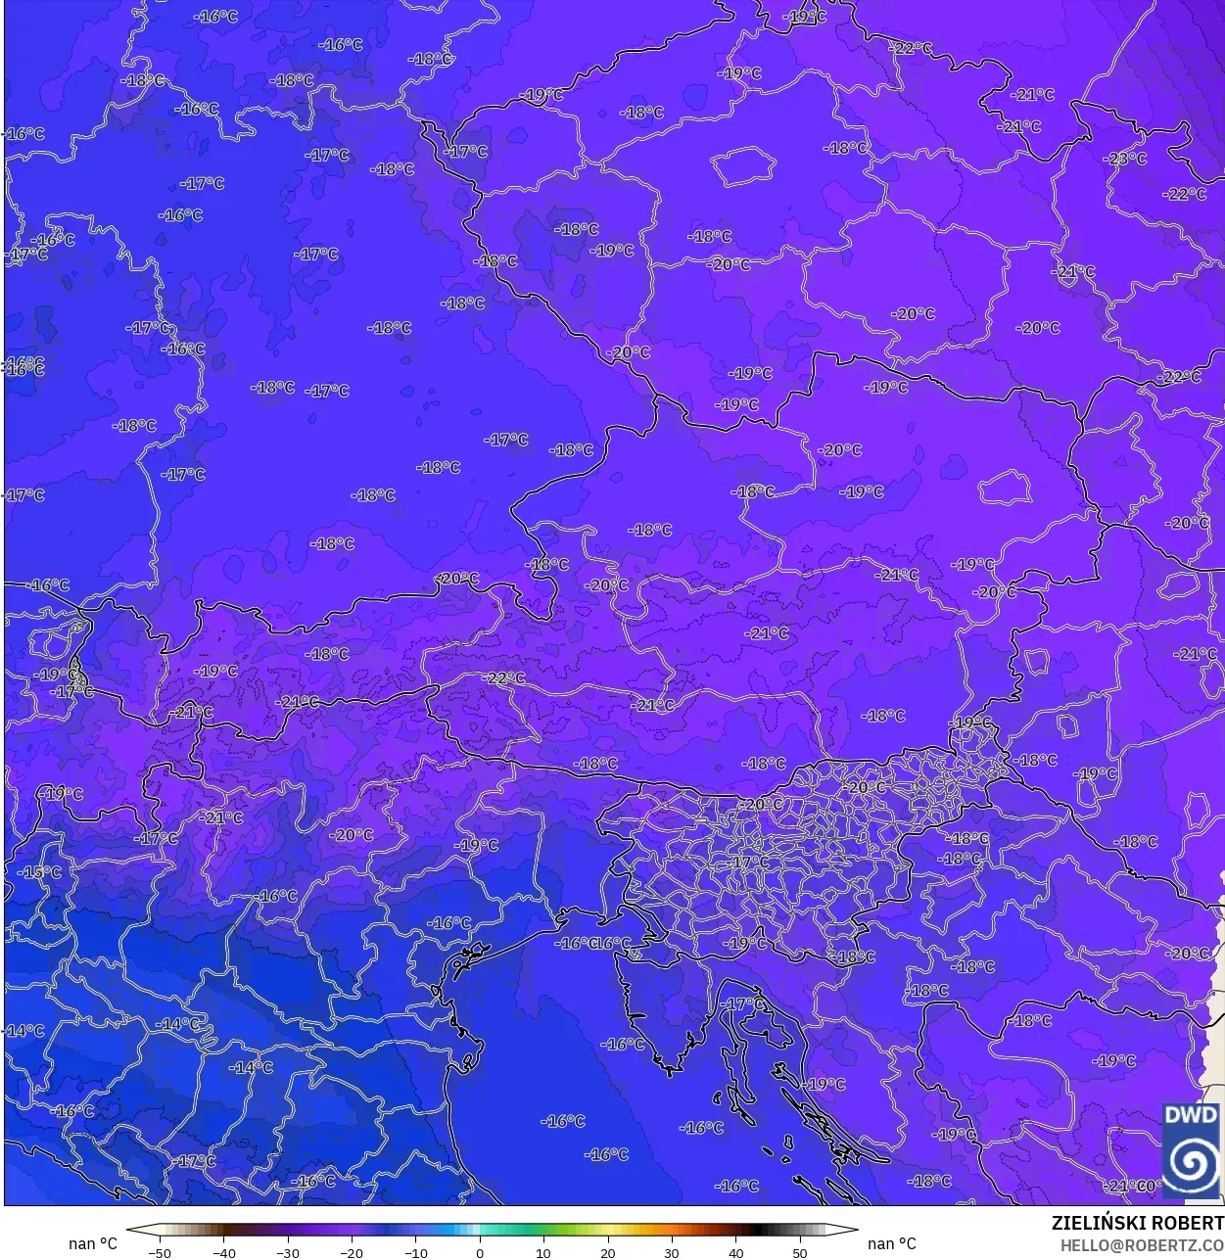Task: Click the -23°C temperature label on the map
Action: pyautogui.click(x=1125, y=159)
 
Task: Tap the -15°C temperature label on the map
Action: pyautogui.click(x=39, y=872)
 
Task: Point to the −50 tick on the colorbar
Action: pyautogui.click(x=159, y=1252)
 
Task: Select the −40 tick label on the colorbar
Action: pyautogui.click(x=223, y=1252)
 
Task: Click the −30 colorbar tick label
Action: pyautogui.click(x=287, y=1252)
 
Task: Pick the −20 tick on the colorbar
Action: pyautogui.click(x=352, y=1252)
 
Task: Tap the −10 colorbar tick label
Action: pyautogui.click(x=415, y=1252)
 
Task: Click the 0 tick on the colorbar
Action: pyautogui.click(x=480, y=1252)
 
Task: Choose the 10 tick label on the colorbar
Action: pyautogui.click(x=543, y=1252)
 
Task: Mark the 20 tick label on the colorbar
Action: pyautogui.click(x=607, y=1252)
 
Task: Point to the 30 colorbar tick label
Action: pyautogui.click(x=672, y=1252)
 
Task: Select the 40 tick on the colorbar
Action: pyautogui.click(x=735, y=1252)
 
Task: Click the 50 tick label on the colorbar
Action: pyautogui.click(x=800, y=1252)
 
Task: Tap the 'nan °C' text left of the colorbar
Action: pyautogui.click(x=92, y=1243)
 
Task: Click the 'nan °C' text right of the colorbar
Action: pyautogui.click(x=892, y=1243)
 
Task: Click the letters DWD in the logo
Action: pyautogui.click(x=1191, y=1115)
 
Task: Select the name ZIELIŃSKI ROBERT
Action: pyautogui.click(x=1137, y=1223)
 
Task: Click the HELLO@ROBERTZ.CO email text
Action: pyautogui.click(x=1142, y=1245)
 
